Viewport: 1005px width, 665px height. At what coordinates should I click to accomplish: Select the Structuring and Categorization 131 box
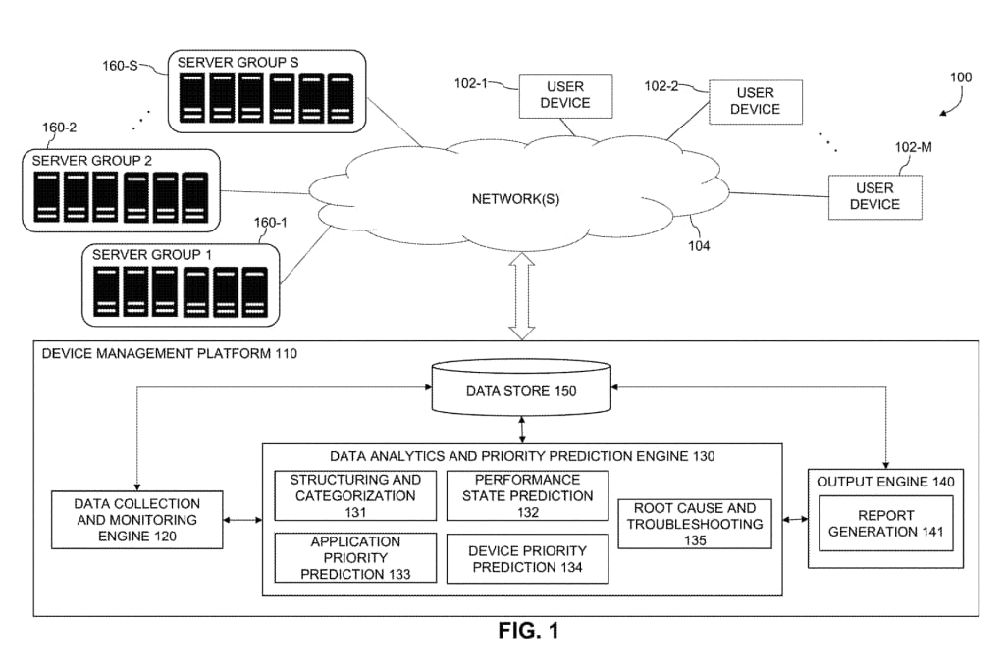[355, 495]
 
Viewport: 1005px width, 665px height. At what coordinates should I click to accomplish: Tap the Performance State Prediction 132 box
[527, 495]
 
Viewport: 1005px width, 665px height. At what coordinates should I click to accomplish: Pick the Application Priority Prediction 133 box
[355, 557]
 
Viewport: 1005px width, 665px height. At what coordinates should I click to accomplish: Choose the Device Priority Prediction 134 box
[527, 557]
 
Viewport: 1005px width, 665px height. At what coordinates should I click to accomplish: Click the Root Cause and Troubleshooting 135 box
[696, 524]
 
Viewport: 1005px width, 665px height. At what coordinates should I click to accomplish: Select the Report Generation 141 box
[885, 523]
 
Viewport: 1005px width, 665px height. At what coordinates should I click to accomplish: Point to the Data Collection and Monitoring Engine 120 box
[136, 520]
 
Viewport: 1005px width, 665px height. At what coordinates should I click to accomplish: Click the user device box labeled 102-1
[565, 96]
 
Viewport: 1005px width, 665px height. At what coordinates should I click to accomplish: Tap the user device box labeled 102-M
[874, 196]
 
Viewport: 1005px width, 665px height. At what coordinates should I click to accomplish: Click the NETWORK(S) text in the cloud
[515, 199]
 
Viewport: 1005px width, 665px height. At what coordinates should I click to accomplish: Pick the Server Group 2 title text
[92, 160]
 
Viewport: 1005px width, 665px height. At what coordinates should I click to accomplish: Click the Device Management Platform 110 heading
[169, 353]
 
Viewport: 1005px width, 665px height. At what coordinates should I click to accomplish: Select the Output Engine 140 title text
[885, 482]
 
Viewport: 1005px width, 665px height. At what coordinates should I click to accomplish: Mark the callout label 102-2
[661, 86]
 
